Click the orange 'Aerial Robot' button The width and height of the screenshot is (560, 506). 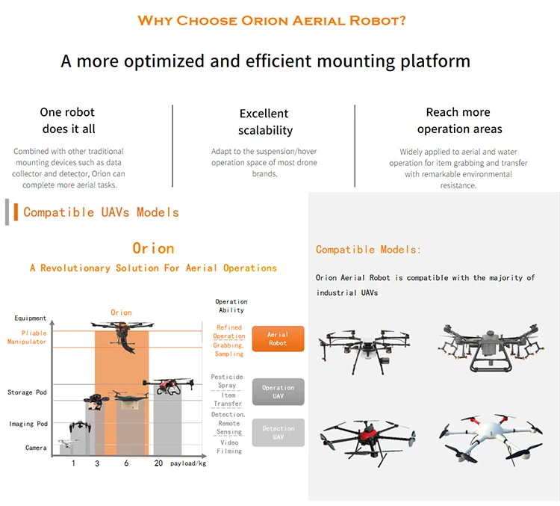coord(278,339)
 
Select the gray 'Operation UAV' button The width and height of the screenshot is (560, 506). coord(278,392)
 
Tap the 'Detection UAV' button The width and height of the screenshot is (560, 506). coord(278,433)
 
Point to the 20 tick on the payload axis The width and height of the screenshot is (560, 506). coord(159,463)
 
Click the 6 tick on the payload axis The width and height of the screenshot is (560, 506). coord(126,463)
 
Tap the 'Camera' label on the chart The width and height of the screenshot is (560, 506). coord(36,448)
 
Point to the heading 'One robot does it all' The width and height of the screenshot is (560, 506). coord(68,120)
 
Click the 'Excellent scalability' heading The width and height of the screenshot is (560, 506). coord(264,122)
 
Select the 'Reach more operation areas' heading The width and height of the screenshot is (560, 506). coord(458,120)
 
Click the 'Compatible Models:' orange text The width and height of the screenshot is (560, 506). coord(368,250)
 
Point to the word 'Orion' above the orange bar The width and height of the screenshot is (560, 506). coord(121,312)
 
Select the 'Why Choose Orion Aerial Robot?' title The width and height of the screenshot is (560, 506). coord(272,20)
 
